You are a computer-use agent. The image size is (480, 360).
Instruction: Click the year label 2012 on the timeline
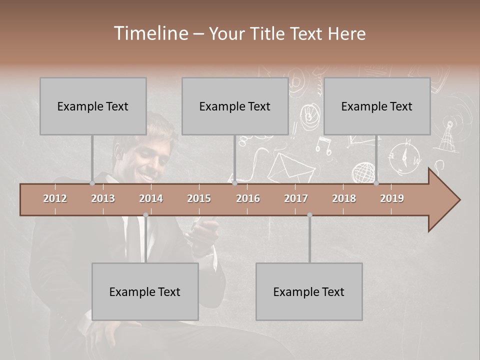(x=55, y=198)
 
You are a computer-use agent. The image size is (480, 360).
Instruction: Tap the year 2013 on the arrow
(x=103, y=198)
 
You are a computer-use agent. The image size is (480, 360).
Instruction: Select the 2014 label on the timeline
(x=151, y=198)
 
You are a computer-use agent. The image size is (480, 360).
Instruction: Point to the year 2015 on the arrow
(x=199, y=198)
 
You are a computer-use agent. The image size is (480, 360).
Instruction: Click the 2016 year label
(x=248, y=198)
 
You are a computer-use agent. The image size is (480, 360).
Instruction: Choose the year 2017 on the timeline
(x=296, y=198)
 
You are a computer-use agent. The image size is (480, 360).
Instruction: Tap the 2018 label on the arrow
(x=344, y=198)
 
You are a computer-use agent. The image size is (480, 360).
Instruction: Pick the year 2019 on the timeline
(x=392, y=198)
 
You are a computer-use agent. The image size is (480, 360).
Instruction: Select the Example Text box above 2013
(x=93, y=106)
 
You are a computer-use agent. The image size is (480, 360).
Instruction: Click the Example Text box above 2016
(x=235, y=106)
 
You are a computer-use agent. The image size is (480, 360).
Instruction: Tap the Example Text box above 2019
(x=377, y=106)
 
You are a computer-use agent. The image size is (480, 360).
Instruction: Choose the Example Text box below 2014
(x=145, y=291)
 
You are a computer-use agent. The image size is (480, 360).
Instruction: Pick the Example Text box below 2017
(x=309, y=291)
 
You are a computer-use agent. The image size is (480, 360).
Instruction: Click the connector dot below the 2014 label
(x=145, y=215)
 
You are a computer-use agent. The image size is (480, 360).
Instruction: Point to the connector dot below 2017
(x=309, y=215)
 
